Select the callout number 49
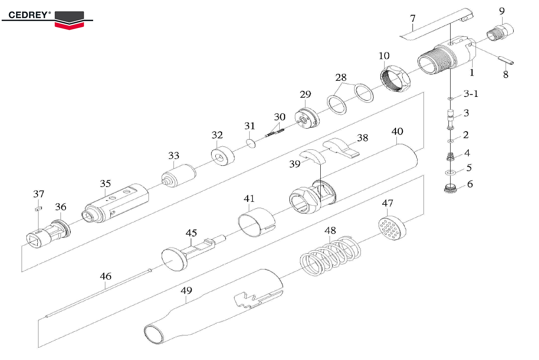(x=186, y=291)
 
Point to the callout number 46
(x=105, y=276)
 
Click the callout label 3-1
(x=470, y=93)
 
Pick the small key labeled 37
(x=38, y=208)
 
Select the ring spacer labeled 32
(x=223, y=155)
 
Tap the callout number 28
(x=341, y=77)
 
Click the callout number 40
(x=397, y=131)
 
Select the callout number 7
(x=412, y=19)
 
